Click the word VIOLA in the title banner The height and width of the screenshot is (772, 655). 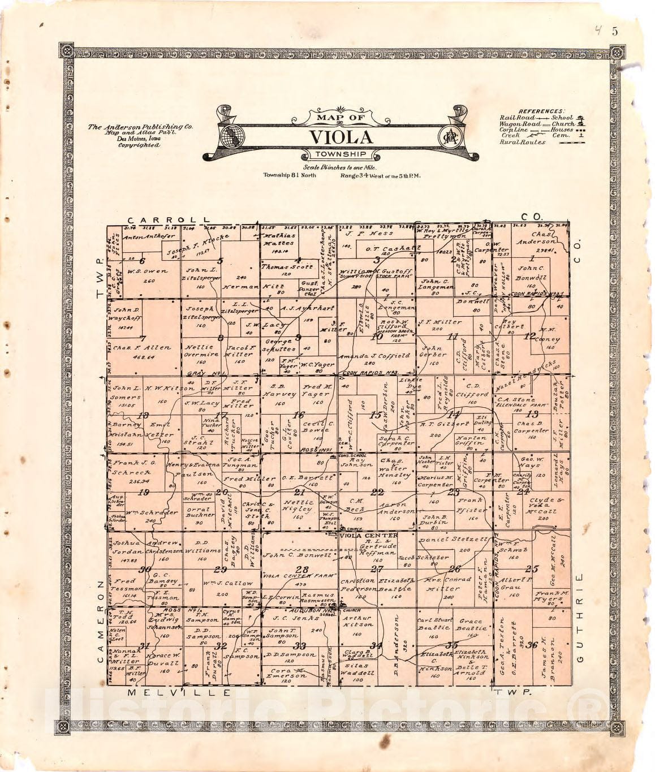341,137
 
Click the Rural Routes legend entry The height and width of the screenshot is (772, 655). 522,143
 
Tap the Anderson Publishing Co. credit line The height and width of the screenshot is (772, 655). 140,127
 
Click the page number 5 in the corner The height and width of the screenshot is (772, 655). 615,32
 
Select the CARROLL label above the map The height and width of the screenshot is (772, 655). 168,219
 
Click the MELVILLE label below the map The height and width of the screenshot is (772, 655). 179,692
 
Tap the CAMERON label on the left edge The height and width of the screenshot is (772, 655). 100,620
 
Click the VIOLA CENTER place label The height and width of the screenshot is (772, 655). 368,535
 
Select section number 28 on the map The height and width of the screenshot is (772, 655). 303,570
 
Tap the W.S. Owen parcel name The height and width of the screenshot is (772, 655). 147,271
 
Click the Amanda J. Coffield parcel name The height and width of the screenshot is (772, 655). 374,356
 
